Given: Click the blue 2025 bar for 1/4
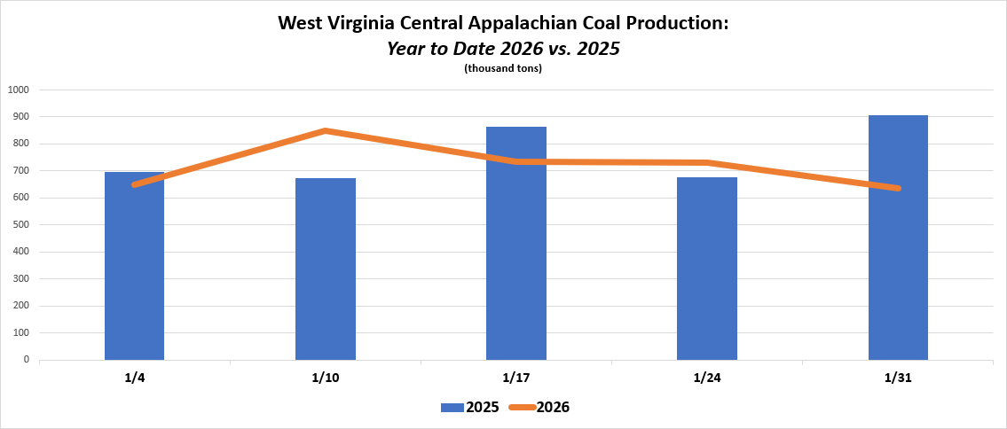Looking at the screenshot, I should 134,266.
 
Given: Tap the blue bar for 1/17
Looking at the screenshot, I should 516,243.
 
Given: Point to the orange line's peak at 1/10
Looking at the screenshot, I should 326,131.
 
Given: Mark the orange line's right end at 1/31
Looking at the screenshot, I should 898,188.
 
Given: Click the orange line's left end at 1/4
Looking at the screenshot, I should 135,184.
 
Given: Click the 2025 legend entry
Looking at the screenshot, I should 469,407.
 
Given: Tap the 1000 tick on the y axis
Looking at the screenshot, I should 19,90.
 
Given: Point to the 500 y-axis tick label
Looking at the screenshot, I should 21,224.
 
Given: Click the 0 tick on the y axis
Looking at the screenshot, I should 27,360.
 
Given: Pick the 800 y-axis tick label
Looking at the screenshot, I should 21,144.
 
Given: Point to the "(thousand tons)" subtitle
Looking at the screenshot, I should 503,68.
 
